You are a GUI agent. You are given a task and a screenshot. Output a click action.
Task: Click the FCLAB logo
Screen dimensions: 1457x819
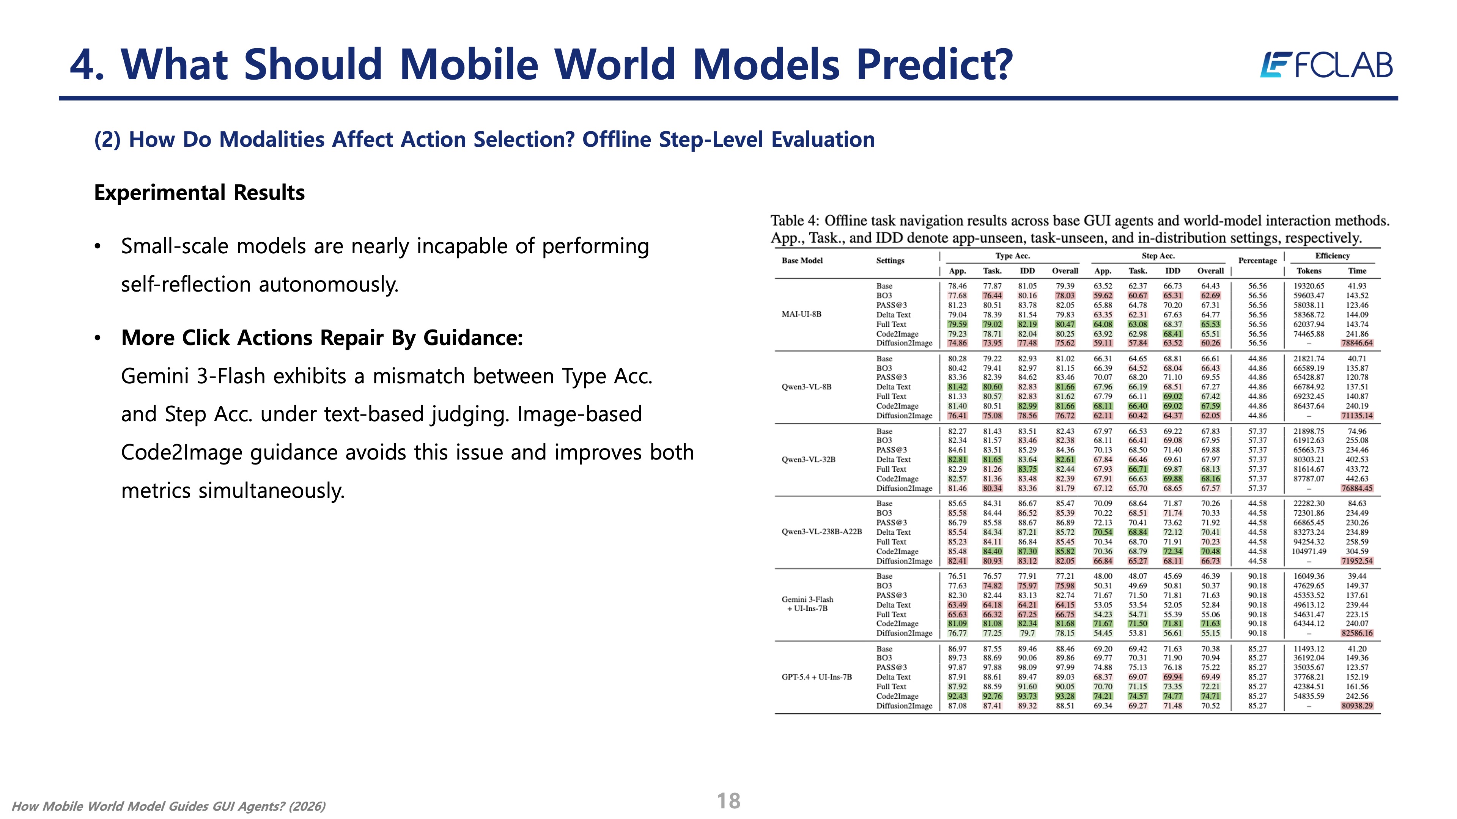point(1326,65)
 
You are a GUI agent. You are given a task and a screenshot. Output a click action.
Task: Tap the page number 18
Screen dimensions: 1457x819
point(728,801)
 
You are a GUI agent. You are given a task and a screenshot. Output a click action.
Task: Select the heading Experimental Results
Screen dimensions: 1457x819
point(199,193)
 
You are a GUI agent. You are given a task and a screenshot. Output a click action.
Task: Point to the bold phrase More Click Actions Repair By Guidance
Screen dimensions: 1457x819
point(322,338)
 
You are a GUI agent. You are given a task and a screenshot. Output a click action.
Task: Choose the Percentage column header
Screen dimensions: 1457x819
point(1257,260)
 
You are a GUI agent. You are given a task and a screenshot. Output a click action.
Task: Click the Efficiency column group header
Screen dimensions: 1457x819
point(1332,256)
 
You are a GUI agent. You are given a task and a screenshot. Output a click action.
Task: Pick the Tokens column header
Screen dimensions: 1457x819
point(1309,271)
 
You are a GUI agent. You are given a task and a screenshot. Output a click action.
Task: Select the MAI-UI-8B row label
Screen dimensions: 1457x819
point(801,314)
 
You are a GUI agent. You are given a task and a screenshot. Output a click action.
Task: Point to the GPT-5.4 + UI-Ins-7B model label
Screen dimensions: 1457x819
point(817,677)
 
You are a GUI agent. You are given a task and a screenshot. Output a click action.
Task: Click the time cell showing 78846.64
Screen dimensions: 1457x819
point(1357,343)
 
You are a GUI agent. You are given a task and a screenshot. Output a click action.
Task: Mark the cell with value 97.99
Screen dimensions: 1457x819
point(1065,667)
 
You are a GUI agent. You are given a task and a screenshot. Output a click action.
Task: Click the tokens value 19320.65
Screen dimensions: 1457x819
point(1309,286)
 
